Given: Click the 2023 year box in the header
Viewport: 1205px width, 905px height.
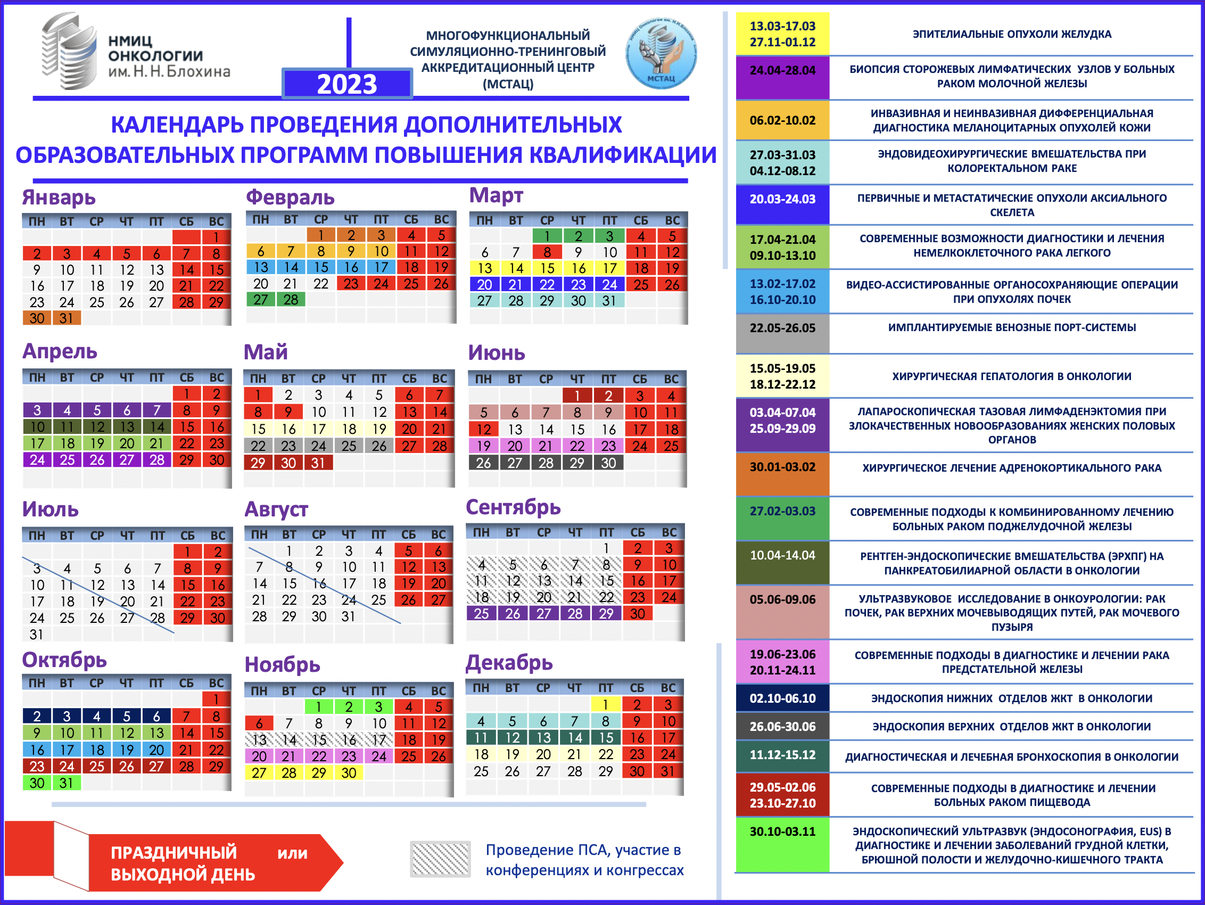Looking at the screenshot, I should pyautogui.click(x=347, y=84).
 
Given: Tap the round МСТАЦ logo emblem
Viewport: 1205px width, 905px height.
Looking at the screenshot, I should pyautogui.click(x=661, y=53).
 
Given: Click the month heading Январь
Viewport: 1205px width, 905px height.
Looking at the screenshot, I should pyautogui.click(x=59, y=197).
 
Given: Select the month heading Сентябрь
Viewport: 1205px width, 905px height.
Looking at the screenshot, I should pyautogui.click(x=513, y=507).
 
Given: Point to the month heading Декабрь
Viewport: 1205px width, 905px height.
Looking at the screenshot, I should pyautogui.click(x=509, y=663).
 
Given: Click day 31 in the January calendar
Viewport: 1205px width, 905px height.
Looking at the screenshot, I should pyautogui.click(x=67, y=318).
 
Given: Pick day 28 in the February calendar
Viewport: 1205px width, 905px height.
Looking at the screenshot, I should pyautogui.click(x=291, y=300).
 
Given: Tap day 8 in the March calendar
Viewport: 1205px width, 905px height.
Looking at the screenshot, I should pyautogui.click(x=547, y=252).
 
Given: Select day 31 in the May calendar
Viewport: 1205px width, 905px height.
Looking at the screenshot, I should pyautogui.click(x=318, y=463).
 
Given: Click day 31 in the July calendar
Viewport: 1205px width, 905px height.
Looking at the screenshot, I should pyautogui.click(x=37, y=634).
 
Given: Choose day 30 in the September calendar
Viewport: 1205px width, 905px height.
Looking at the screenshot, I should pyautogui.click(x=638, y=613).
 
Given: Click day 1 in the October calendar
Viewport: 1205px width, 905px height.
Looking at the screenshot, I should pyautogui.click(x=216, y=699).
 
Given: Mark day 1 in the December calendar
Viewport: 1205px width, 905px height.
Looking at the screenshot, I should pyautogui.click(x=605, y=704).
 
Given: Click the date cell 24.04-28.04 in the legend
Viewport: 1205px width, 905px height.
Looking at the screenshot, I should pyautogui.click(x=782, y=71).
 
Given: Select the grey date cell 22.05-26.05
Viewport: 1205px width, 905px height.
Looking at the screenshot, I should pyautogui.click(x=782, y=328).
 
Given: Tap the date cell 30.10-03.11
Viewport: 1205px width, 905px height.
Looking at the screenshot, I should pyautogui.click(x=782, y=832).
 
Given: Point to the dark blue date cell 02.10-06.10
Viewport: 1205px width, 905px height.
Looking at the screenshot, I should pyautogui.click(x=782, y=698).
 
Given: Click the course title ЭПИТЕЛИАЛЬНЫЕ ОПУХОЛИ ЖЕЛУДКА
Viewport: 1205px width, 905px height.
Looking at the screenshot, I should pyautogui.click(x=1012, y=34).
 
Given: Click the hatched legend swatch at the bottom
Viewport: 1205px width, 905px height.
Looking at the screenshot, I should pyautogui.click(x=440, y=859).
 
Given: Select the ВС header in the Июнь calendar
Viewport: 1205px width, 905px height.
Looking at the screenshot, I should pyautogui.click(x=671, y=379).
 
